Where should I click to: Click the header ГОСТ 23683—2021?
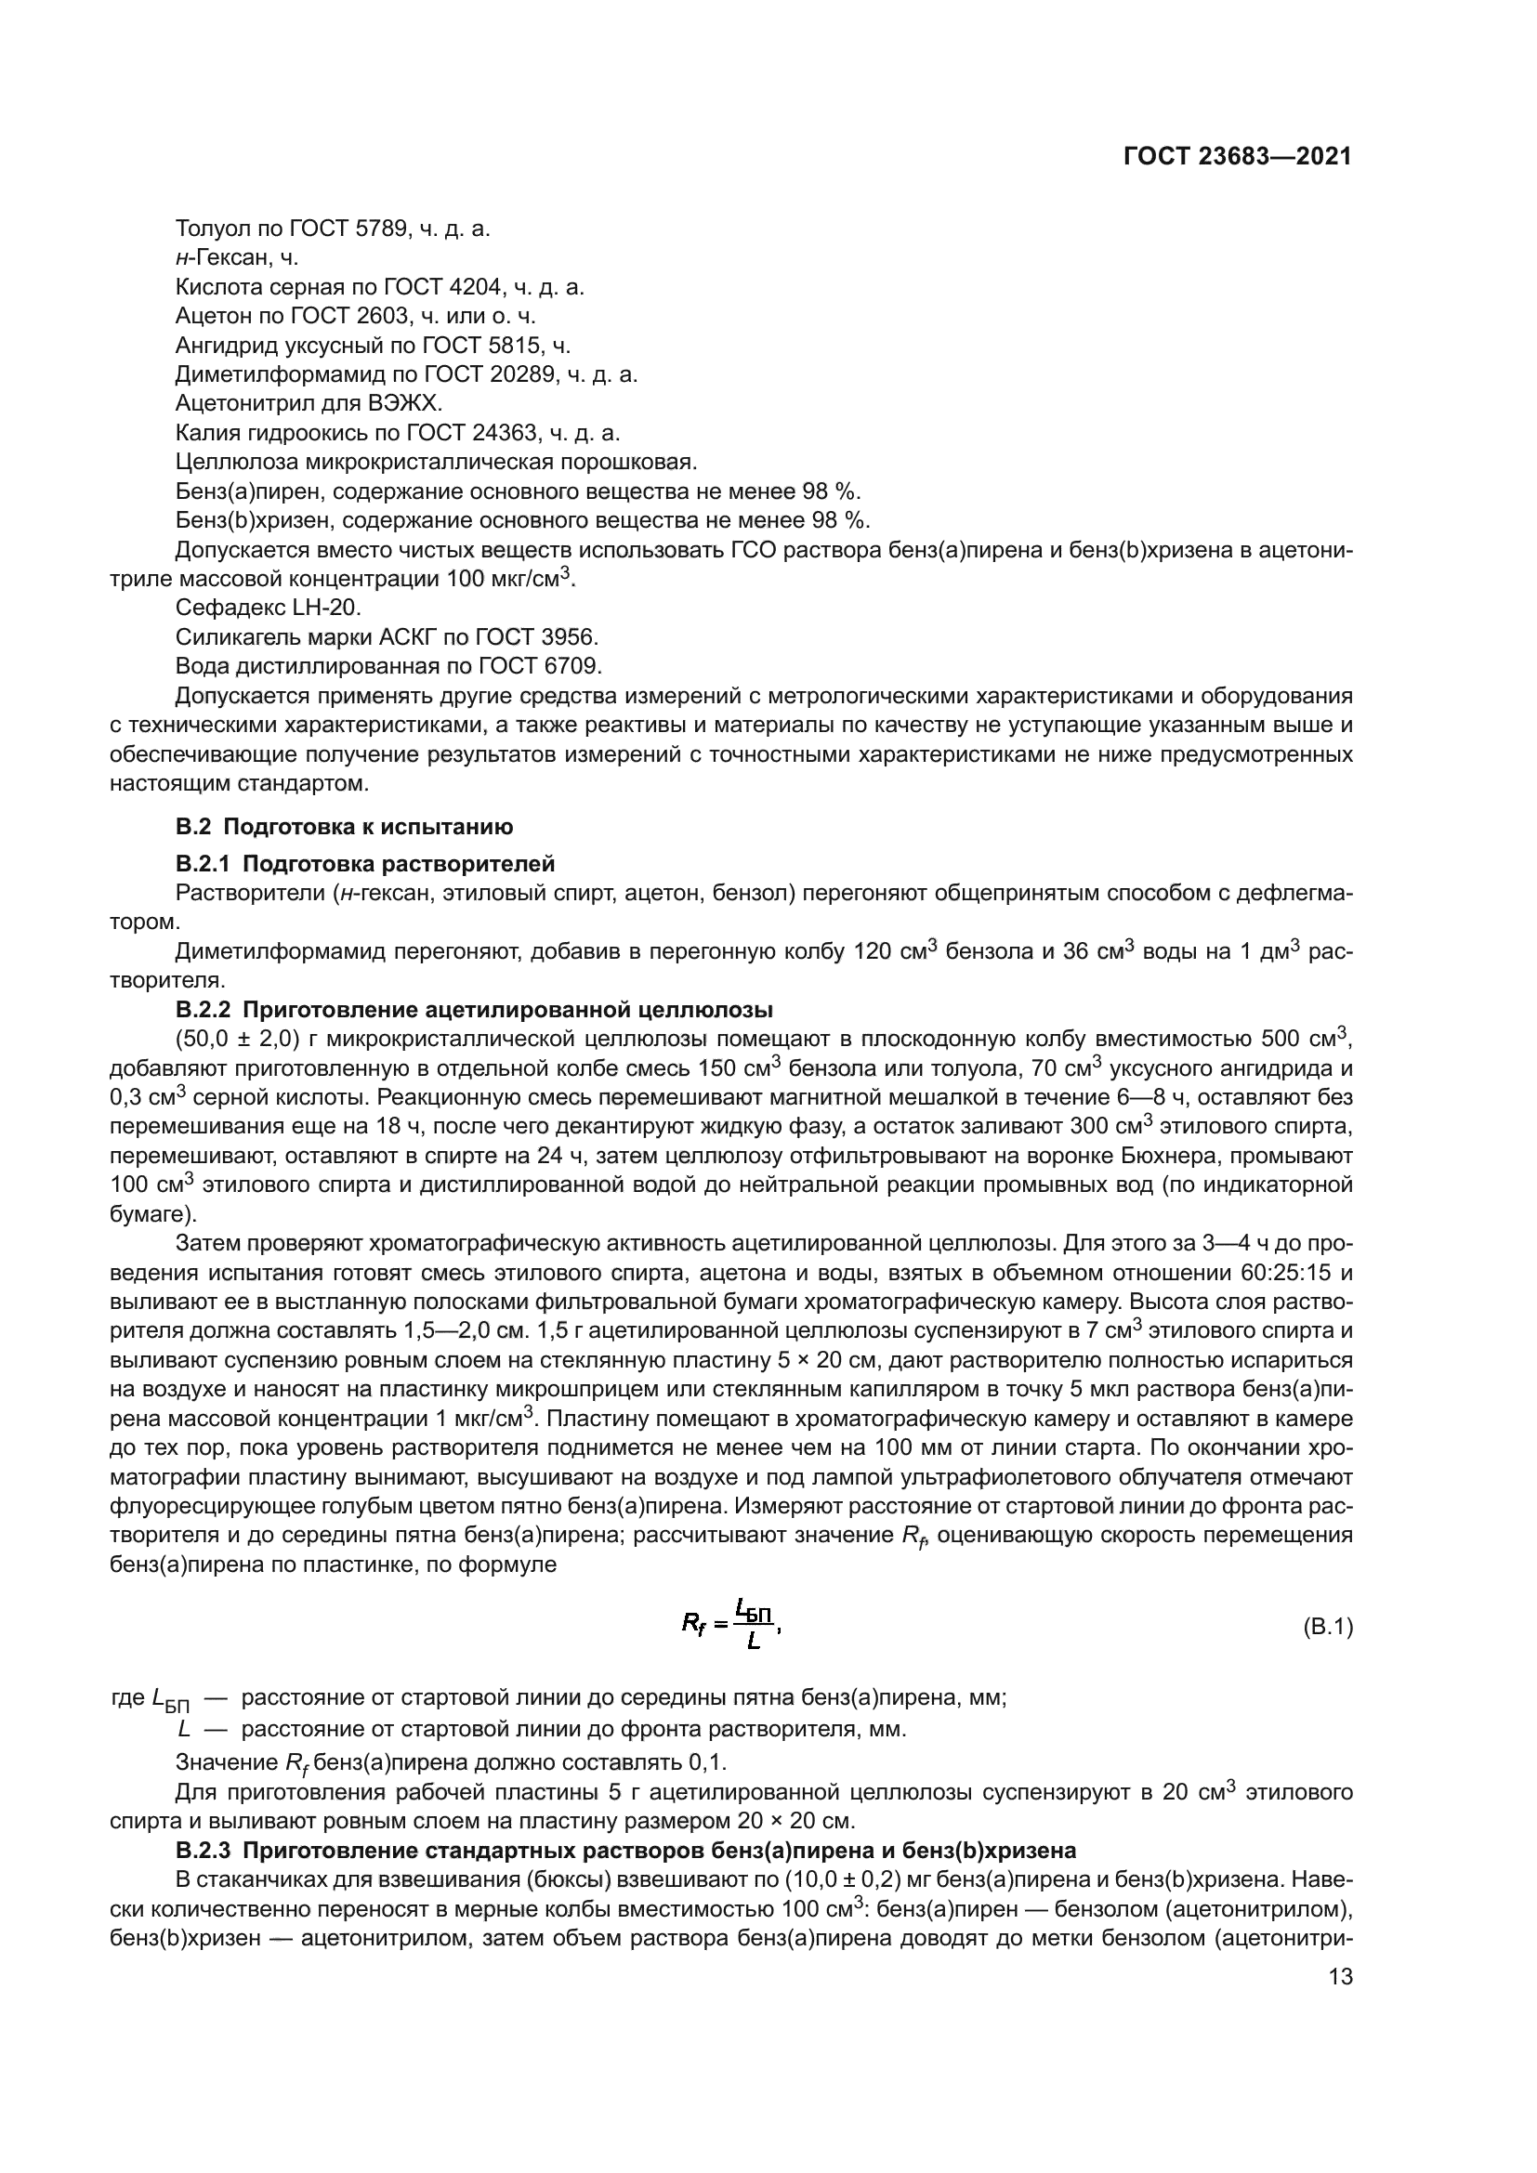click(1237, 156)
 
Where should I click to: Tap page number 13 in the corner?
click(1340, 1976)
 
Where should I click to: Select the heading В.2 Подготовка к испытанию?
click(344, 826)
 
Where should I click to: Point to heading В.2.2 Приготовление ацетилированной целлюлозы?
click(474, 1009)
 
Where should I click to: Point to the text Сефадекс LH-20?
click(268, 608)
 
